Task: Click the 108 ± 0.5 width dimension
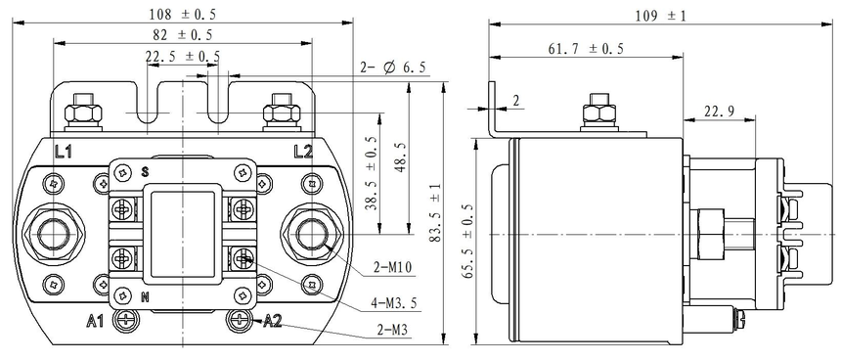coord(182,14)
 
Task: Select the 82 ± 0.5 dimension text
coord(182,35)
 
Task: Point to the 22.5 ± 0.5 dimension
coord(182,56)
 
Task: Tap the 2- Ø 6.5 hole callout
coord(392,67)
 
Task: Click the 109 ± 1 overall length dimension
coord(660,16)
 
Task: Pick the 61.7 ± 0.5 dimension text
coord(586,49)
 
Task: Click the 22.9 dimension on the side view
coord(719,112)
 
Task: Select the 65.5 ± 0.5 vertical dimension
coord(468,241)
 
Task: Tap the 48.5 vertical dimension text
coord(401,157)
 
